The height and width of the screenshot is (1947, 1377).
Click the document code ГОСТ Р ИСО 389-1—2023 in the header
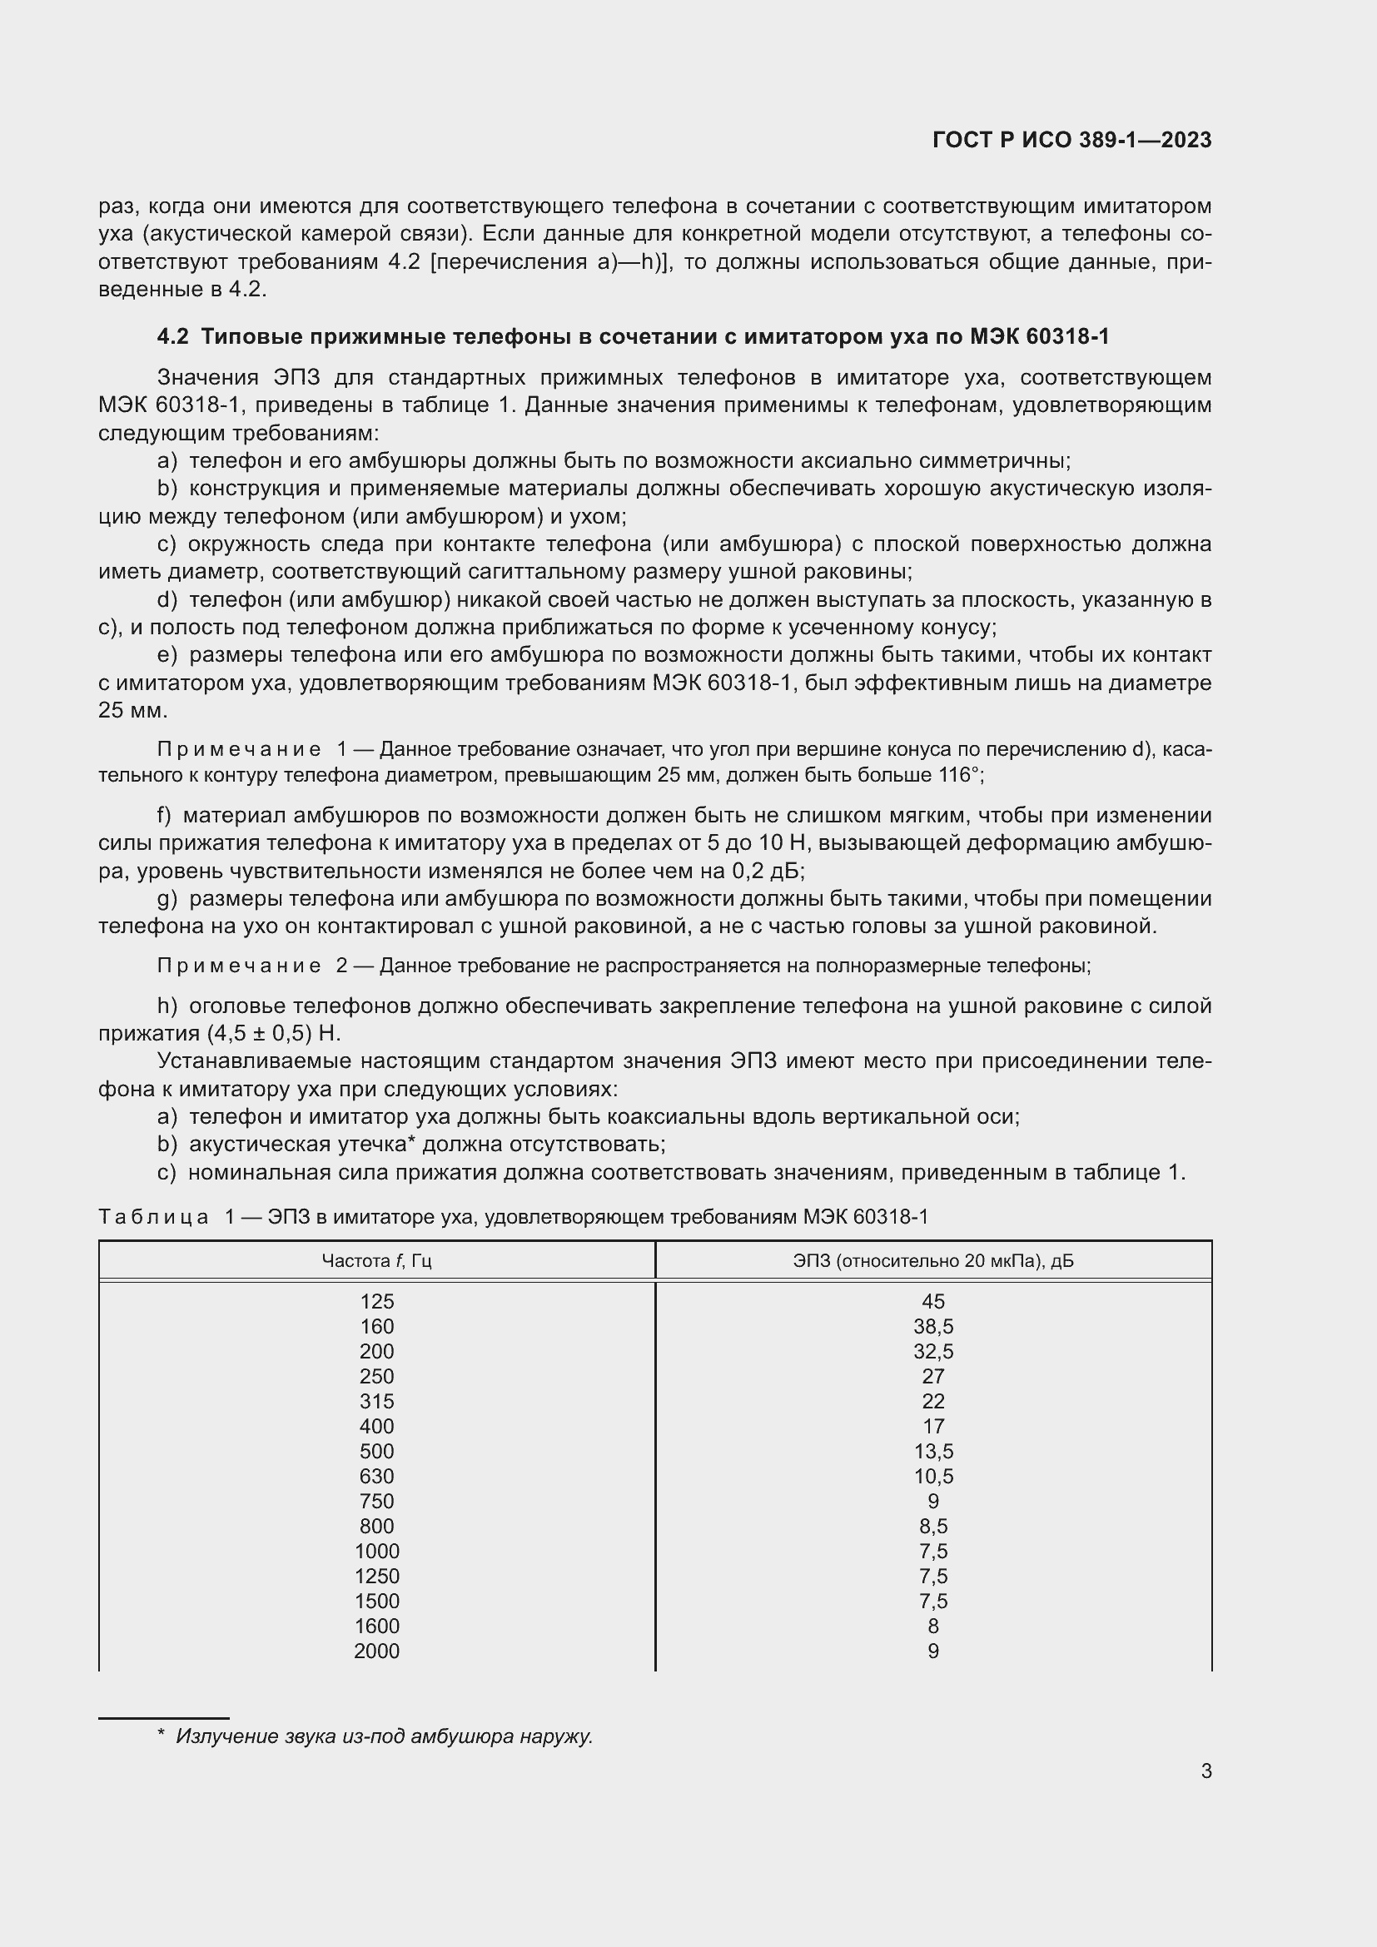pyautogui.click(x=1071, y=140)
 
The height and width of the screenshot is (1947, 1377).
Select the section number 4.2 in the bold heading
pyautogui.click(x=172, y=336)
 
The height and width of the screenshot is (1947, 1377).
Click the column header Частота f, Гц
pyautogui.click(x=376, y=1261)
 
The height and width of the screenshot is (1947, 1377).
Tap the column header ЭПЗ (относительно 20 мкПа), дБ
pyautogui.click(x=932, y=1261)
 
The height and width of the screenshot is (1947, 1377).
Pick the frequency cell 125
pyautogui.click(x=376, y=1302)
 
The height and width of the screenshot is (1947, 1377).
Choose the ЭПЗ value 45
pyautogui.click(x=932, y=1302)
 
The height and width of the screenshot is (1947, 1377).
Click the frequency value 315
pyautogui.click(x=376, y=1401)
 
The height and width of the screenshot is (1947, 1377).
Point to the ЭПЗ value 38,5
pyautogui.click(x=932, y=1326)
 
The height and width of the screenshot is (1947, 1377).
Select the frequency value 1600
pyautogui.click(x=376, y=1626)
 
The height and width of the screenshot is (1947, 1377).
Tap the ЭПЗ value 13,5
pyautogui.click(x=932, y=1451)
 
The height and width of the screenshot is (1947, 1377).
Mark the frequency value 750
pyautogui.click(x=376, y=1501)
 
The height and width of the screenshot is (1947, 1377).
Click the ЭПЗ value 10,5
pyautogui.click(x=932, y=1477)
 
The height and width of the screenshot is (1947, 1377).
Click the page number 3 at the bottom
pyautogui.click(x=1205, y=1771)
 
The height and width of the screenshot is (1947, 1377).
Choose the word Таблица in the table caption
pyautogui.click(x=153, y=1217)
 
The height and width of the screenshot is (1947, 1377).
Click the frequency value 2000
pyautogui.click(x=376, y=1651)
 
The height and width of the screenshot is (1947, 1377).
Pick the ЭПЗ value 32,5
pyautogui.click(x=932, y=1352)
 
